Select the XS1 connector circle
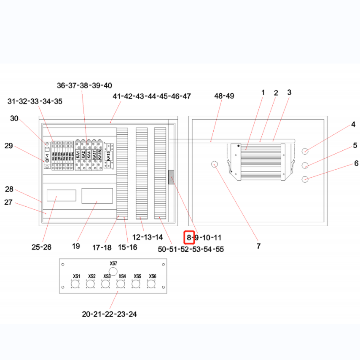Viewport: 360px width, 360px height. (x=76, y=285)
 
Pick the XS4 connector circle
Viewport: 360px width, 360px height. (x=121, y=285)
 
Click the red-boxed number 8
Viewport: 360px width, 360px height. (x=189, y=238)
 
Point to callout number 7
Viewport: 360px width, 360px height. (x=258, y=246)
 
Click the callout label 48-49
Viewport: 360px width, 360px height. (x=224, y=96)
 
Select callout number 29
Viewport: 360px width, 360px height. (x=9, y=146)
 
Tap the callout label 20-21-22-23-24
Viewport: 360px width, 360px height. (x=110, y=314)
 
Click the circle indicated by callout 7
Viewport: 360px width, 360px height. (x=215, y=163)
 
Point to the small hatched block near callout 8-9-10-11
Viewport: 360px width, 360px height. (x=171, y=177)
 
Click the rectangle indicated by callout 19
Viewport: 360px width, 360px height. (x=97, y=196)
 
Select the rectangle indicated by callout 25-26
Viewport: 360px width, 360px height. (x=61, y=196)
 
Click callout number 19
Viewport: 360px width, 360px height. (x=76, y=246)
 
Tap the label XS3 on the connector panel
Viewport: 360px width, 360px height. (x=107, y=276)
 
